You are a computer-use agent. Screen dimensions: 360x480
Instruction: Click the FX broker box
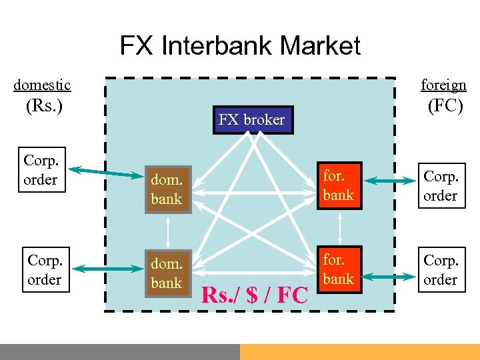pos(253,120)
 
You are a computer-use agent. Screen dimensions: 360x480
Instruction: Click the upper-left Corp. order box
pos(41,170)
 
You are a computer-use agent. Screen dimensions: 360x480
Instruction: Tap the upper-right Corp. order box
pos(441,186)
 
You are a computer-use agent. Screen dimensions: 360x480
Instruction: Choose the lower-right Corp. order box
pos(441,270)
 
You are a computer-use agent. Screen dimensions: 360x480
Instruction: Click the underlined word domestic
pos(42,85)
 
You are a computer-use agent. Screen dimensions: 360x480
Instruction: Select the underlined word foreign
pos(443,85)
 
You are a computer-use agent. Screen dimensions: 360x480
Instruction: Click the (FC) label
pos(445,106)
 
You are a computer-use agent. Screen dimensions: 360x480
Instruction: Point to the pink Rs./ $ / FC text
pos(255,294)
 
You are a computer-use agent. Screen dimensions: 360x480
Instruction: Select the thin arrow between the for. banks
pos(341,228)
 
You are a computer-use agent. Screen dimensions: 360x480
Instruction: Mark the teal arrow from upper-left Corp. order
pos(106,172)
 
